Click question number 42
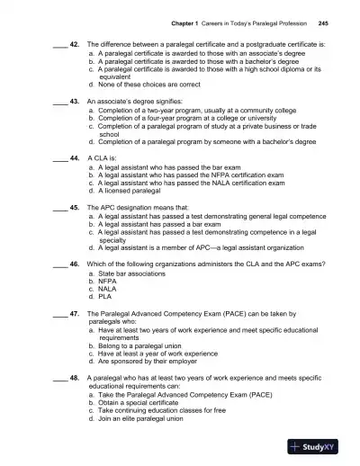tap(75, 43)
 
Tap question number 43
tap(75, 103)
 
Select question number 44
tap(75, 157)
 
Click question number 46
tap(75, 267)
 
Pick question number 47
tap(75, 314)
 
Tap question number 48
tap(75, 380)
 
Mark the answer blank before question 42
tap(58, 44)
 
